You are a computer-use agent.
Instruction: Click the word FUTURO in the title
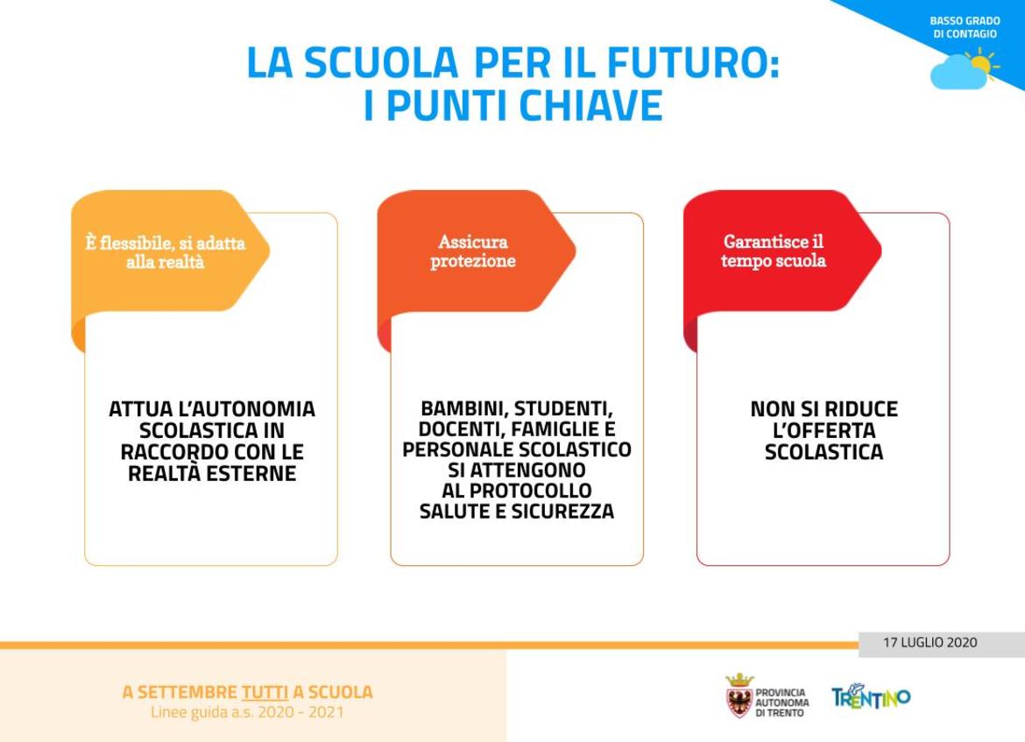click(x=694, y=63)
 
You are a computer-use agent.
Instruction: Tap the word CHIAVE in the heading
click(x=591, y=105)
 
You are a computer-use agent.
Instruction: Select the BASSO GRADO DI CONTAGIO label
click(x=965, y=27)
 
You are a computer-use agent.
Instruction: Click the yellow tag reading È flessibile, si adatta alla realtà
click(x=166, y=252)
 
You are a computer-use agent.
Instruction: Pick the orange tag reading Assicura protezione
click(x=472, y=251)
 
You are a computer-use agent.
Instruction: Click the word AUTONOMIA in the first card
click(x=247, y=409)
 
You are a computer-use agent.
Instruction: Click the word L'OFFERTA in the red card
click(x=824, y=431)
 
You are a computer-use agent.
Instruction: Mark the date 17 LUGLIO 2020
click(x=930, y=643)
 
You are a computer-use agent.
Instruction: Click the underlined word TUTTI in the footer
click(x=265, y=692)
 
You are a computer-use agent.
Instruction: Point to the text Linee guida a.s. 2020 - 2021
click(x=247, y=712)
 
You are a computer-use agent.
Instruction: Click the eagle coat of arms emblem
click(x=739, y=696)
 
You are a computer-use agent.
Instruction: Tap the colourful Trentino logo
click(x=871, y=697)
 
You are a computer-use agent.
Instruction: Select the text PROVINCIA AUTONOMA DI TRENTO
click(x=781, y=703)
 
